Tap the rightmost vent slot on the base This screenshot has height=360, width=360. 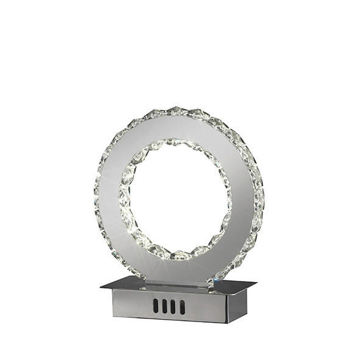tap(182, 307)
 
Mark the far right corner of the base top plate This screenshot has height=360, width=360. tap(256, 283)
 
